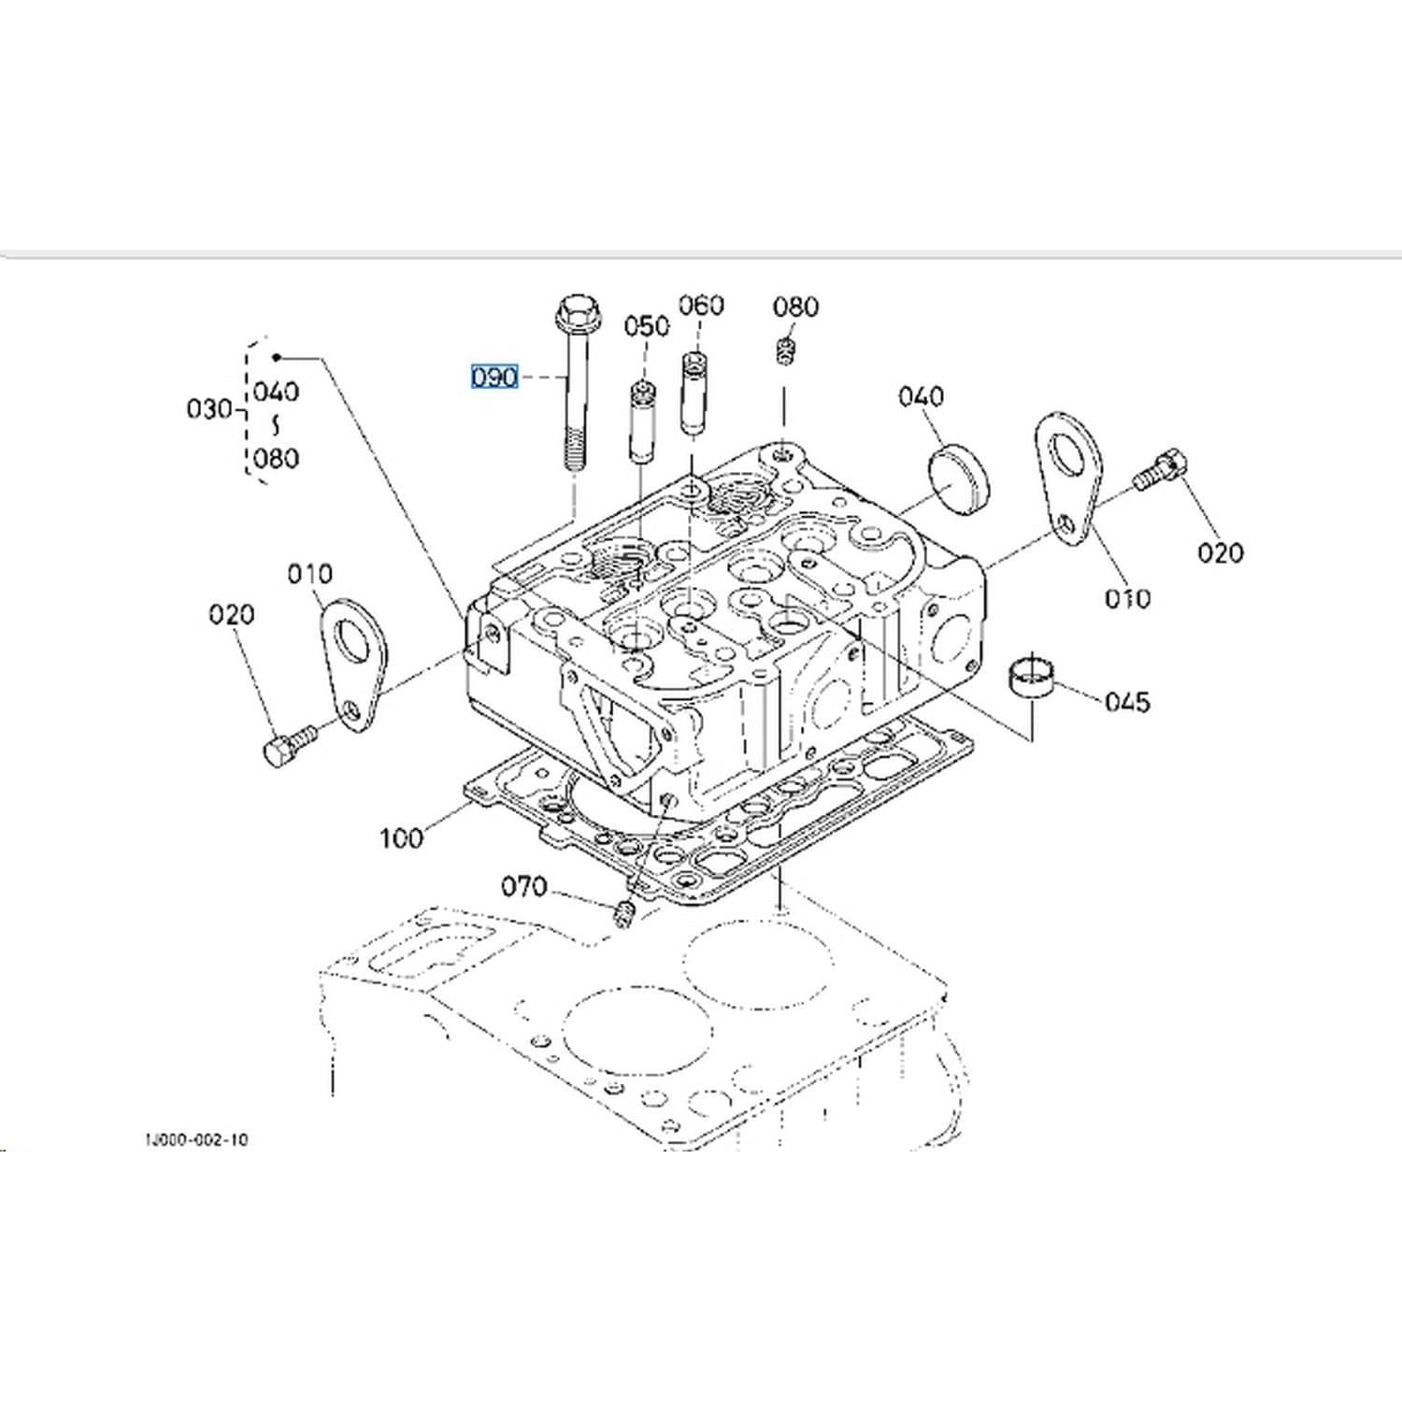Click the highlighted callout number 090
[494, 377]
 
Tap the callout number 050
[647, 326]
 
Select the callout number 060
[701, 306]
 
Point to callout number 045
[1127, 701]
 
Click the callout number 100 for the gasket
[401, 837]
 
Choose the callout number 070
[524, 886]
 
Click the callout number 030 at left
[209, 408]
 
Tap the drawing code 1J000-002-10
[196, 1140]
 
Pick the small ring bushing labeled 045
[1032, 677]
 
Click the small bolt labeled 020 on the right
[1161, 469]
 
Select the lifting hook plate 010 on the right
[1069, 477]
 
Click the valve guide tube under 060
[693, 393]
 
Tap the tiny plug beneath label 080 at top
[785, 352]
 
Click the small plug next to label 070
[624, 914]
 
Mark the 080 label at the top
[795, 307]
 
